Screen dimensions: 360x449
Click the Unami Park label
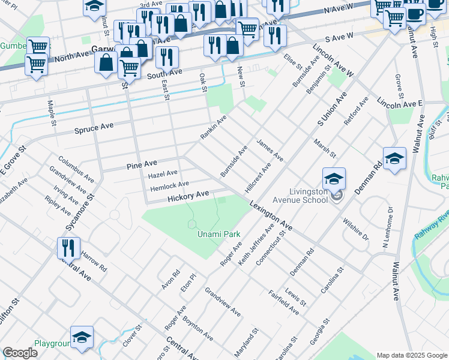(x=218, y=235)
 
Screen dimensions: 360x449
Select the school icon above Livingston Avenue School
(x=334, y=179)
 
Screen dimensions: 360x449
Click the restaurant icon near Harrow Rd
(x=68, y=247)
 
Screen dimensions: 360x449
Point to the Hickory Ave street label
(x=188, y=196)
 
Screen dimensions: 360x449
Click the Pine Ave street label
(x=142, y=163)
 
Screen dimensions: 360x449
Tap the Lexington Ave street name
(x=272, y=216)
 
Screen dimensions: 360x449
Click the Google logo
(x=20, y=353)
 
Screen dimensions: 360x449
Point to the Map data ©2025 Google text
(x=411, y=355)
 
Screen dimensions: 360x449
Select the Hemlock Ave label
(x=169, y=185)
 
